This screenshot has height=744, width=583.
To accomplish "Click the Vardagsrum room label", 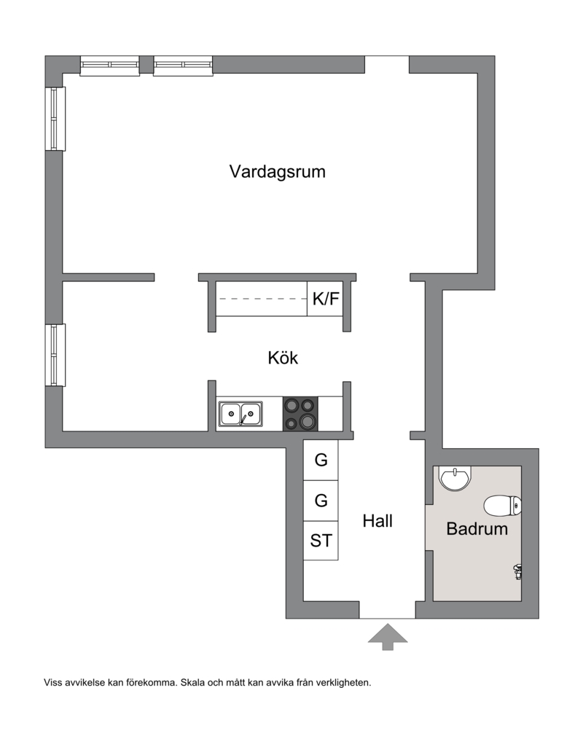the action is (x=278, y=171).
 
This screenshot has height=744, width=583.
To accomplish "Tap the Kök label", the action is (x=283, y=357).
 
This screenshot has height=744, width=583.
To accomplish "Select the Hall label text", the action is (x=377, y=520).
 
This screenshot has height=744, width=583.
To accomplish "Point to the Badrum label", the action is (x=477, y=528).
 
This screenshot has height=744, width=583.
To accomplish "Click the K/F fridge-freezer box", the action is (x=325, y=299).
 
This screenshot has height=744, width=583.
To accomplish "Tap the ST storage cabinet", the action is (x=321, y=541).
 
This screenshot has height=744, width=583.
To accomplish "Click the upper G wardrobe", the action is (x=321, y=460).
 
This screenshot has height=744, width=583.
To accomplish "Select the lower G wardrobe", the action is (x=321, y=501).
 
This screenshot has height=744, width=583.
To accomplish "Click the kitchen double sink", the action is (x=240, y=413).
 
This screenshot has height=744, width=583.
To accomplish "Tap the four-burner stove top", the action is (x=301, y=414).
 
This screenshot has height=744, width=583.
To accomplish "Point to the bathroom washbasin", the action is (x=455, y=478).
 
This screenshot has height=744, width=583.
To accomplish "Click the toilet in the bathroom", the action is (x=503, y=505).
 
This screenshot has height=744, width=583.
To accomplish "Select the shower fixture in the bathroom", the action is (x=517, y=571).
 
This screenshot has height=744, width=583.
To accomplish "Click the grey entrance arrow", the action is (x=388, y=637).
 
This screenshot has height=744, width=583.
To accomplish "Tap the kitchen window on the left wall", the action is (x=55, y=355).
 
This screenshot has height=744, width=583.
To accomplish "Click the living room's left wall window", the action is (x=55, y=119).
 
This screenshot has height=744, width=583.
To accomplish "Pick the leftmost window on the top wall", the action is (x=109, y=66).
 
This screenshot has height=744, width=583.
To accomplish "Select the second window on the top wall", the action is (x=183, y=66).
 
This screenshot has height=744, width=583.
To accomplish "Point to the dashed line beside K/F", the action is (x=263, y=299).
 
